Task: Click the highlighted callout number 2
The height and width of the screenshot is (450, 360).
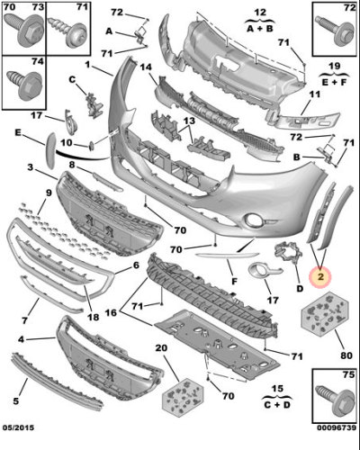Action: pos(320,276)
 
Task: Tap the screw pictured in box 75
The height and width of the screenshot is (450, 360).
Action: pos(335,400)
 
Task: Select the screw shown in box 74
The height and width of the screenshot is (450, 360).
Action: pos(25,85)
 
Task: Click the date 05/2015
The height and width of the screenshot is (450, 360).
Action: pos(19,427)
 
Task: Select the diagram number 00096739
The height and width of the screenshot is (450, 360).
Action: pos(337,427)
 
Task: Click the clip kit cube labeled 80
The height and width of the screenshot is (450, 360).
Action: pos(325,314)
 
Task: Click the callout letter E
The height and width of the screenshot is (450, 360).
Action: pos(18,132)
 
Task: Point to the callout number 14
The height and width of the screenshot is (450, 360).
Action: pos(146,67)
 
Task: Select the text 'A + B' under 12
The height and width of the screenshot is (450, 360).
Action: pos(260,29)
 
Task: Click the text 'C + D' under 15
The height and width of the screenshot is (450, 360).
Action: pos(277,405)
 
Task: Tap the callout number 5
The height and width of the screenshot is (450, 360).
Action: pos(16,400)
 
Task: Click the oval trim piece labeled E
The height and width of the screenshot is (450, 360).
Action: pos(50,150)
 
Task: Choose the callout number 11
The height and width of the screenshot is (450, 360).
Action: pos(315,94)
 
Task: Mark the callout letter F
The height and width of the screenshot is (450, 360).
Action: pos(234,281)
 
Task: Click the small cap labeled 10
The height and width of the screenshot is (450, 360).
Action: pos(91,146)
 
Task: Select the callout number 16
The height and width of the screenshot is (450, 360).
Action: pos(111,312)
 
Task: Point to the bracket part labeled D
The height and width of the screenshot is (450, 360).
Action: pos(289,253)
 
